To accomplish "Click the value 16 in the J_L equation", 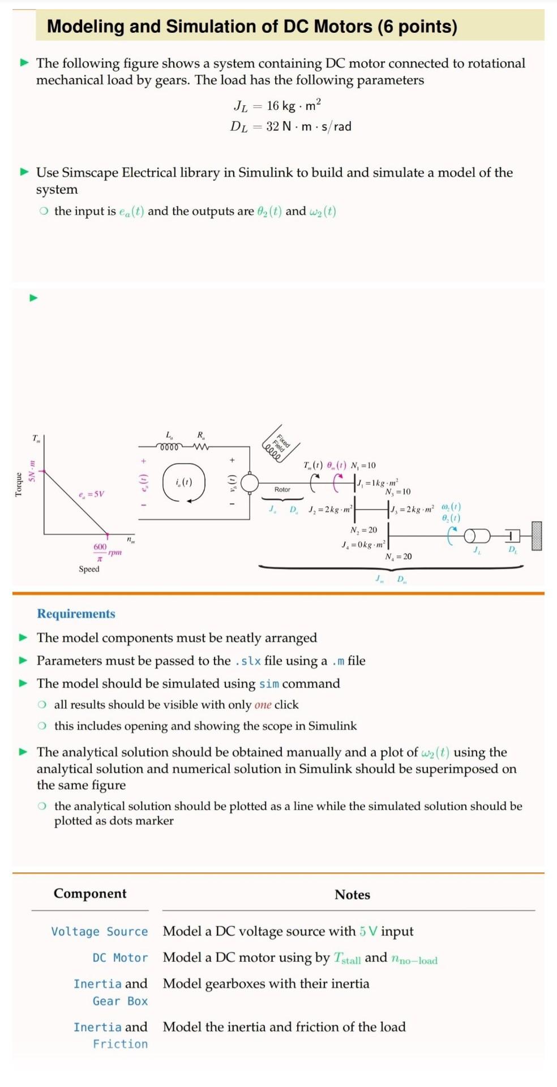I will pos(273,106).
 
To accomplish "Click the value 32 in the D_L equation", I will pos(272,126).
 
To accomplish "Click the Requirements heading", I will pos(76,614).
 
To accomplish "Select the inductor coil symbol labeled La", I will pos(169,447).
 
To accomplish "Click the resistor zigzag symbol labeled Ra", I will pos(201,447).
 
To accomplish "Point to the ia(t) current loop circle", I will pos(183,483).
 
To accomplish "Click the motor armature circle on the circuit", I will pos(249,483).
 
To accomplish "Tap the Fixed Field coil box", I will pos(280,443).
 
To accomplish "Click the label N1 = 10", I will pos(363,465).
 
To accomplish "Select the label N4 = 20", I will pos(399,557).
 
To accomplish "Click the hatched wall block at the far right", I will pos(537,536).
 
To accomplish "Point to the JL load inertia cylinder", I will pos(477,536).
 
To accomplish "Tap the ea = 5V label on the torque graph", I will pos(92,494).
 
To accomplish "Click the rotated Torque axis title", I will pos(18,485).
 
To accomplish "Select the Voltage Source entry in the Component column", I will pos(99,931).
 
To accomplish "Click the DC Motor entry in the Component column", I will pos(120,957).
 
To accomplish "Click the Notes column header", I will pos(352,895).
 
